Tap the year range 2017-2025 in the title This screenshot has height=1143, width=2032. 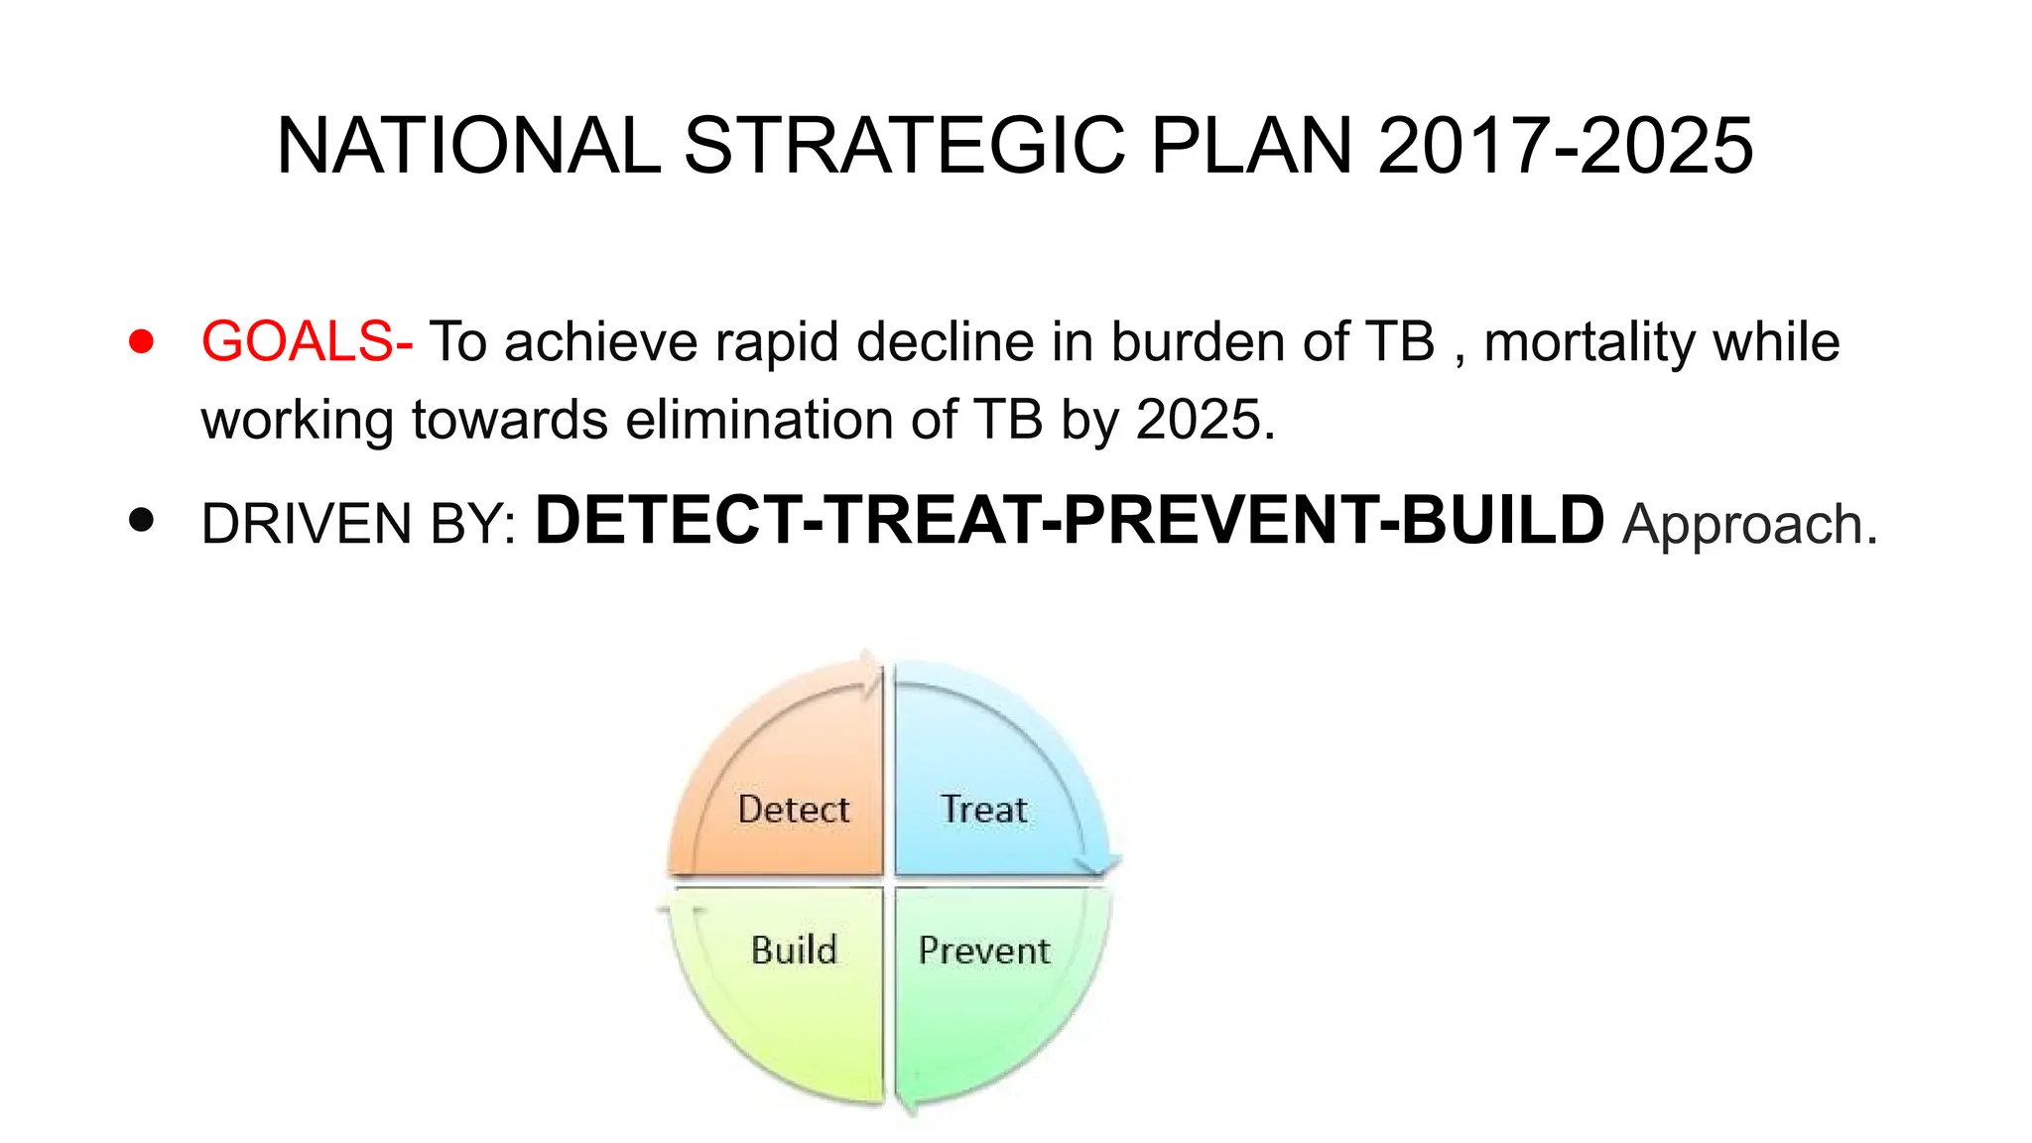[1566, 147]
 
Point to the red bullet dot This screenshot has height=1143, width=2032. [142, 342]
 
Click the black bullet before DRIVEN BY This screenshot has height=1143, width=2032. [142, 521]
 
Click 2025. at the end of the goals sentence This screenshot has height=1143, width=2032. [1206, 420]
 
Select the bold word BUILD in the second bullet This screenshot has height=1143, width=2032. [1502, 521]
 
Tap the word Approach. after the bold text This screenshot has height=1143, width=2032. [1749, 525]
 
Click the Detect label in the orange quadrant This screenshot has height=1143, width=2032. [794, 810]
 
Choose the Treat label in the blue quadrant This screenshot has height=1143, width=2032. [983, 810]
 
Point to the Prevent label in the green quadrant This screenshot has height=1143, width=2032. [983, 951]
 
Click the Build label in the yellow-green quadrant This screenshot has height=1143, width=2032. [794, 951]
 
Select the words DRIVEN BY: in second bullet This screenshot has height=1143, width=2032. [358, 525]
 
